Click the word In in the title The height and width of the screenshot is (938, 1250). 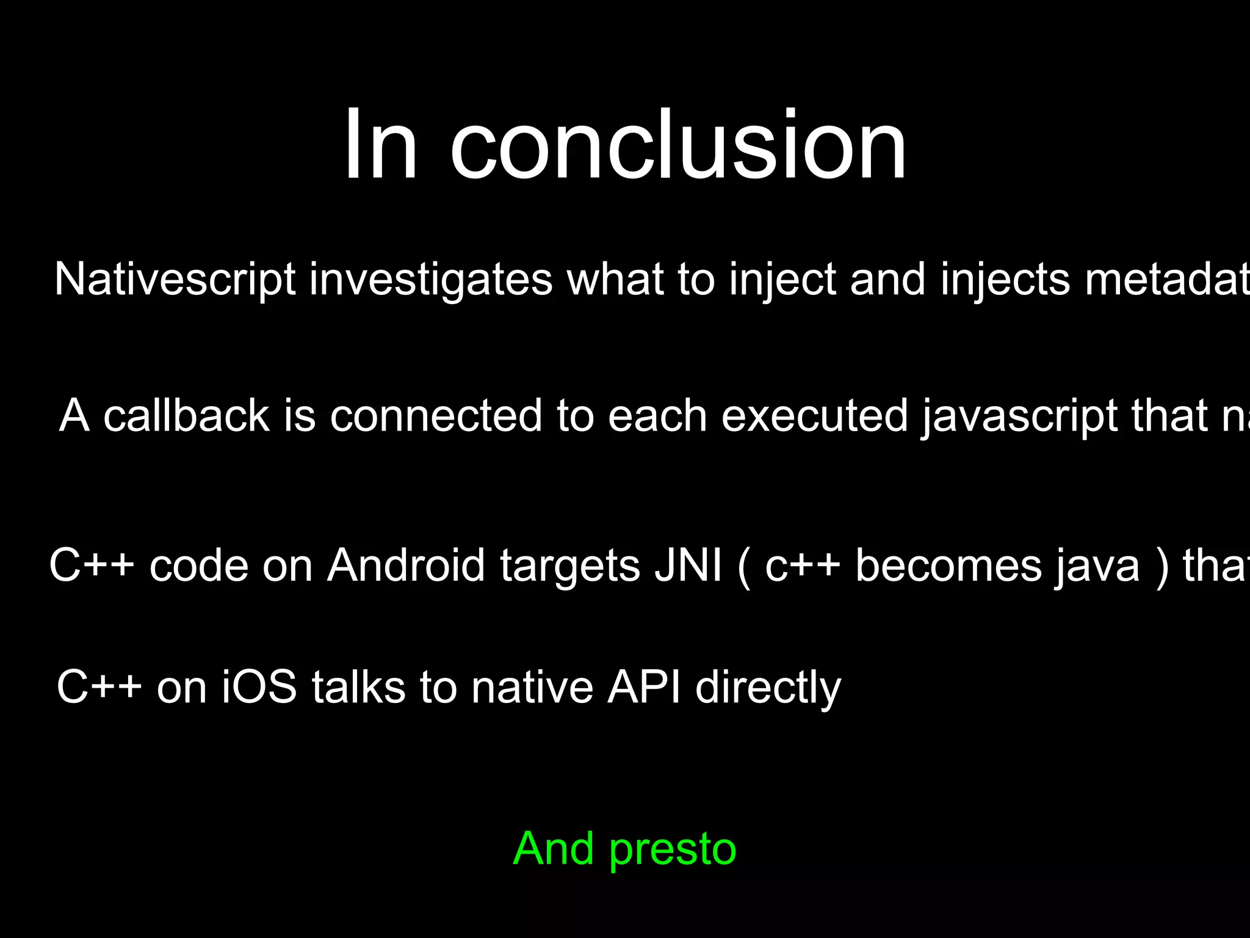click(380, 147)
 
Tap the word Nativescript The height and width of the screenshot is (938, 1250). click(175, 280)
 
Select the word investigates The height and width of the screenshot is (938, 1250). click(430, 280)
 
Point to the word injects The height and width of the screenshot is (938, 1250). click(1005, 280)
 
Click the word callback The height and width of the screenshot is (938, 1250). click(186, 416)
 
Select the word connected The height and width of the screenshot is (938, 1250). click(436, 416)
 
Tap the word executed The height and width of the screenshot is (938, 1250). click(815, 416)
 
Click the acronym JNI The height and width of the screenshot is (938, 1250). click(688, 565)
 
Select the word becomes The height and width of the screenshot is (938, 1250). click(948, 565)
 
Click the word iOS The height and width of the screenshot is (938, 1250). click(259, 687)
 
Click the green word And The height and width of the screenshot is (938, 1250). click(553, 848)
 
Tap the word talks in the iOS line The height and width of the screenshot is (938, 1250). click(358, 687)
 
